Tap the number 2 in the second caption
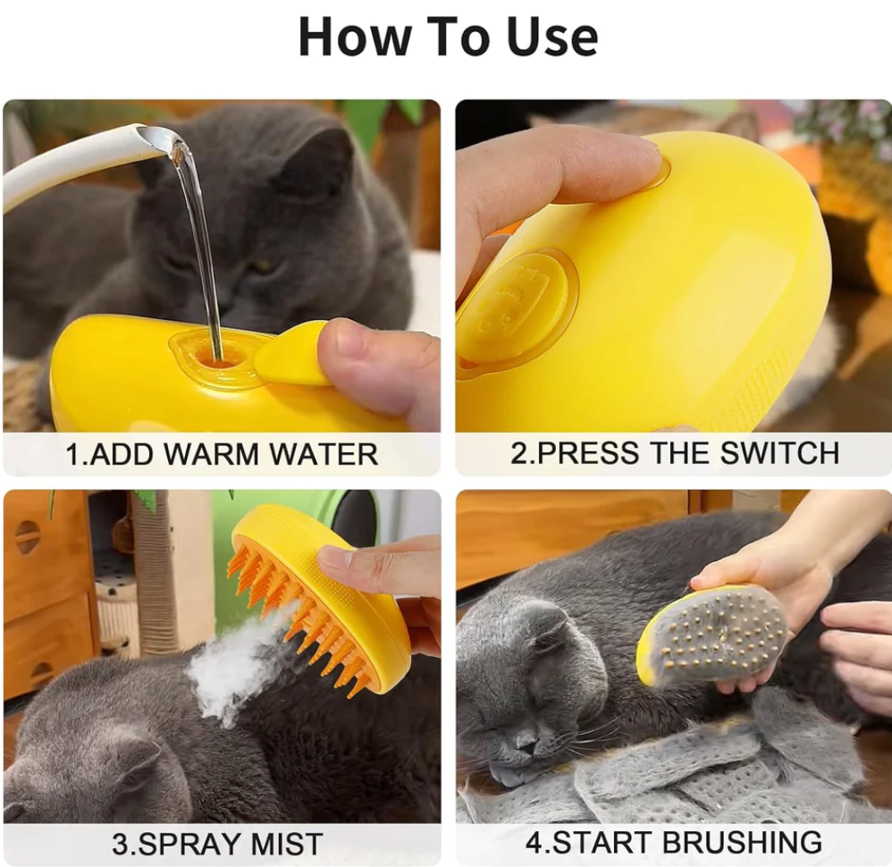[x=519, y=452]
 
